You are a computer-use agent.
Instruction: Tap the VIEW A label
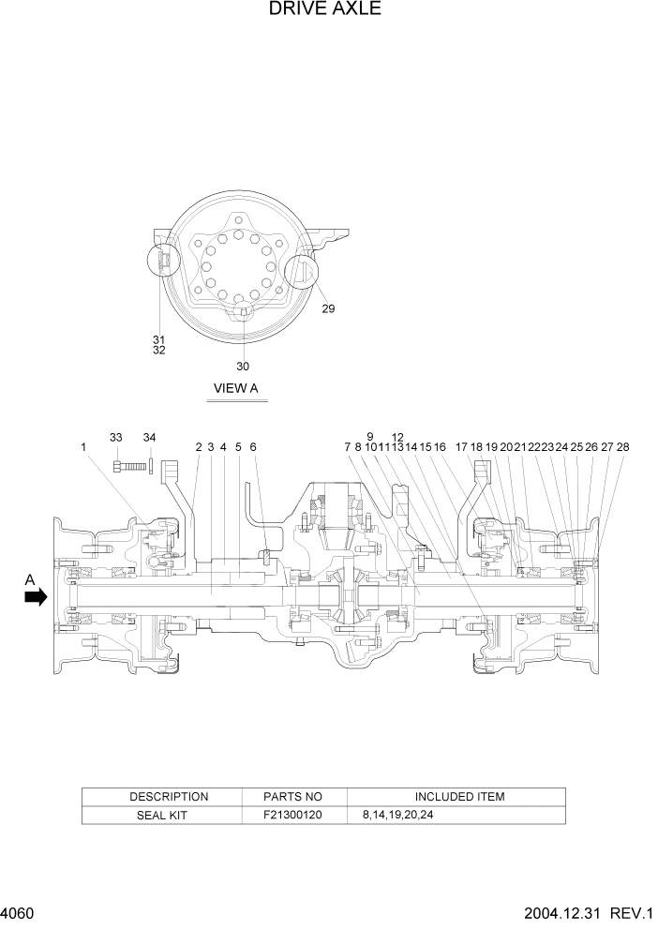tap(236, 388)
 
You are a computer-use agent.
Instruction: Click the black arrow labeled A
tap(36, 596)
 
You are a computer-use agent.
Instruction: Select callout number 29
tap(328, 308)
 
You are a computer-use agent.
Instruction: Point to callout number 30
tap(243, 367)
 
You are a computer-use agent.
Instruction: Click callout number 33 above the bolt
tap(116, 438)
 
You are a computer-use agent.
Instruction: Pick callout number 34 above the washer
tap(150, 438)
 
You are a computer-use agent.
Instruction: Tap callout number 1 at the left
tap(83, 448)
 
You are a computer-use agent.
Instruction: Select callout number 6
tap(253, 448)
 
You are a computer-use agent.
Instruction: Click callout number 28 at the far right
tap(622, 448)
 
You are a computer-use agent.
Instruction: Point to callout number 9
tap(370, 437)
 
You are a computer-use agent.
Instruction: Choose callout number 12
tap(397, 437)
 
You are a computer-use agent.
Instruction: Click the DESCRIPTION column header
tap(169, 797)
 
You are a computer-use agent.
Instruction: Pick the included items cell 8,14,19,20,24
tap(397, 816)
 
